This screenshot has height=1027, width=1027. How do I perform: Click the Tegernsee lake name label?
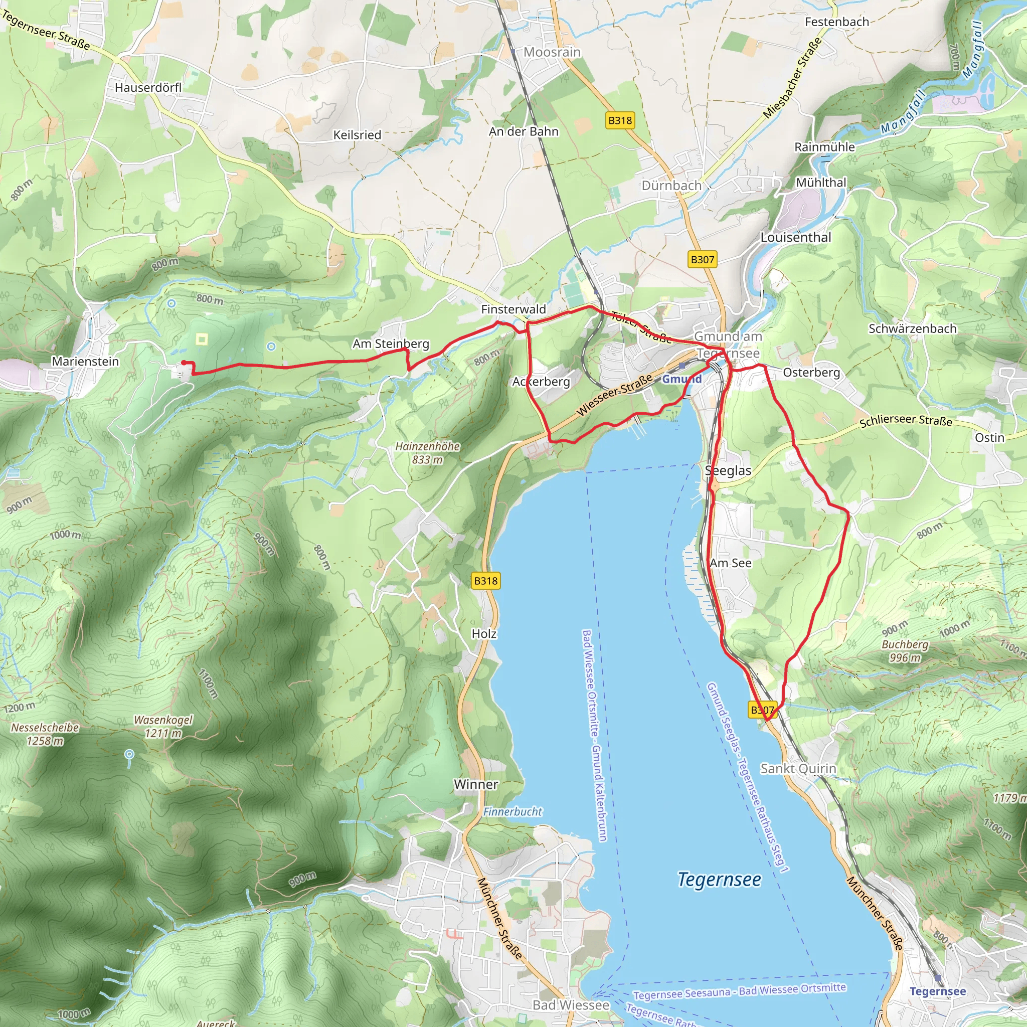pos(719,880)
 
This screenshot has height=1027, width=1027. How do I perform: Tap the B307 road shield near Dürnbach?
pos(702,259)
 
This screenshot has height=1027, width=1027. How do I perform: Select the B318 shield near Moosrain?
pos(620,120)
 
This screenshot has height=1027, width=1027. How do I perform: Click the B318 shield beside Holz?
pos(486,581)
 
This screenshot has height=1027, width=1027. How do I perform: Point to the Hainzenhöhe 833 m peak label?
pos(427,453)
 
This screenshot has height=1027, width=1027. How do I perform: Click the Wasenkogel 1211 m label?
pos(163,727)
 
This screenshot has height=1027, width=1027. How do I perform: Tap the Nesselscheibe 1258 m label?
pos(45,734)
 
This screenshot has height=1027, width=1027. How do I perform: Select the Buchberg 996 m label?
pos(905,650)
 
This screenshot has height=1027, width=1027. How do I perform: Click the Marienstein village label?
pos(85,362)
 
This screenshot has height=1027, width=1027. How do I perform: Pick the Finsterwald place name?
pos(513,309)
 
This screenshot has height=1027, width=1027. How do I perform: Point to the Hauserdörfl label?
pos(148,88)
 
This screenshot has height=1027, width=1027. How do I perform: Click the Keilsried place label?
pos(357,135)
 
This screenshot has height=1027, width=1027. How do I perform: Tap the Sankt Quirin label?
pos(798,769)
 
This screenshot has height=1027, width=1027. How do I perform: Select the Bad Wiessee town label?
pos(571,1005)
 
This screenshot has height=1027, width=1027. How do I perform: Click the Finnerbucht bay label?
pos(512,812)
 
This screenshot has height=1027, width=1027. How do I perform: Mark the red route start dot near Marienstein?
pos(184,363)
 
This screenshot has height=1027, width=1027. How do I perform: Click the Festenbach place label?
pos(837,22)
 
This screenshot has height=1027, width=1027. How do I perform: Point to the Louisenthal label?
pos(796,238)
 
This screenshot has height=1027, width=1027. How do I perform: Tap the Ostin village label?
pos(989,437)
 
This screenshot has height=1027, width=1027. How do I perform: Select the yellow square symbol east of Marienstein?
pos(202,339)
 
